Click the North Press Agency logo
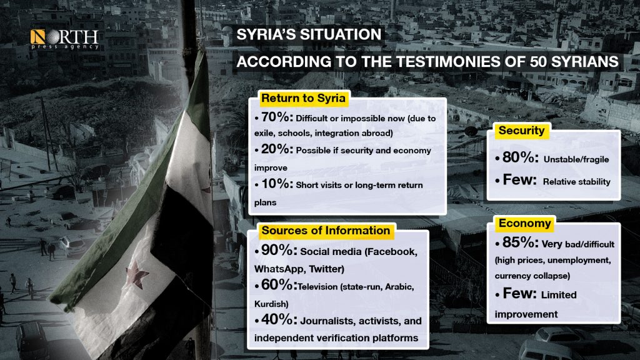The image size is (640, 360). [x=64, y=39]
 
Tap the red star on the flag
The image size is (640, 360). [x=136, y=274]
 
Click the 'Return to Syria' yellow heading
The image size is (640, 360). [x=303, y=98]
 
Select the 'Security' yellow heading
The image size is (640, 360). [x=521, y=131]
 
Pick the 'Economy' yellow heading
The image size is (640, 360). [x=524, y=223]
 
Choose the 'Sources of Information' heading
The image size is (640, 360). [x=326, y=231]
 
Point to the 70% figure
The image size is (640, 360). [x=277, y=117]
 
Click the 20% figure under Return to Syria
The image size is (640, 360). [x=277, y=149]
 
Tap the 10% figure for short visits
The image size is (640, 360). [x=277, y=184]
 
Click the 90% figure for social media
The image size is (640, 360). [x=279, y=250]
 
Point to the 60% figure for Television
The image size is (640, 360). [x=279, y=285]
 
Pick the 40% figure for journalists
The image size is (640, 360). [x=279, y=319]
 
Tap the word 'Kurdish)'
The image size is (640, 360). [x=271, y=304]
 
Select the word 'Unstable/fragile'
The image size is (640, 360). [x=576, y=159]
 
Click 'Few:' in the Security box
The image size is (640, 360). [x=519, y=179]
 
